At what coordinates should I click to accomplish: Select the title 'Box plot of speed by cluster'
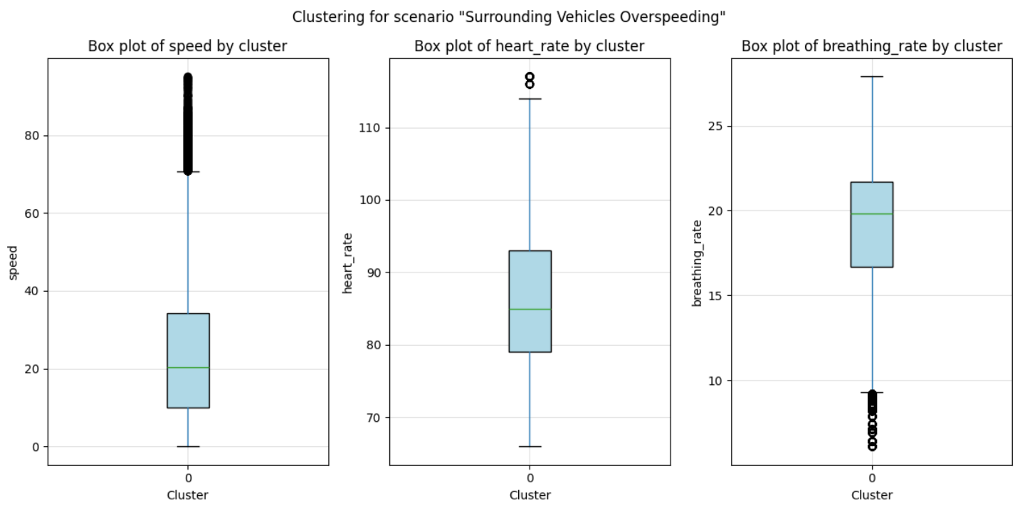187,46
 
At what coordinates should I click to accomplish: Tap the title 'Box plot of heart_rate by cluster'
529,46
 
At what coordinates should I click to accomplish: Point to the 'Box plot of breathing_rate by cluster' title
871,46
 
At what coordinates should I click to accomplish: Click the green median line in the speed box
188,368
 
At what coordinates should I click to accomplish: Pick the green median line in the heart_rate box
530,309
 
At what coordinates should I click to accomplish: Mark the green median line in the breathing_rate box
872,214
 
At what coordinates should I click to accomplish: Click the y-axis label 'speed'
14,262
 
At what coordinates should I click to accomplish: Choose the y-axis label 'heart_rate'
349,262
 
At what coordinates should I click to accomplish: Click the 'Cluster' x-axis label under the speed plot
187,495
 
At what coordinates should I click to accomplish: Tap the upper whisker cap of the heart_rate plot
530,99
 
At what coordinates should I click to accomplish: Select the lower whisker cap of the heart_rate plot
530,447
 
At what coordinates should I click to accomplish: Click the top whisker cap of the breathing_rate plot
872,76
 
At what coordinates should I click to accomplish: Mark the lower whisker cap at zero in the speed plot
188,447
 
